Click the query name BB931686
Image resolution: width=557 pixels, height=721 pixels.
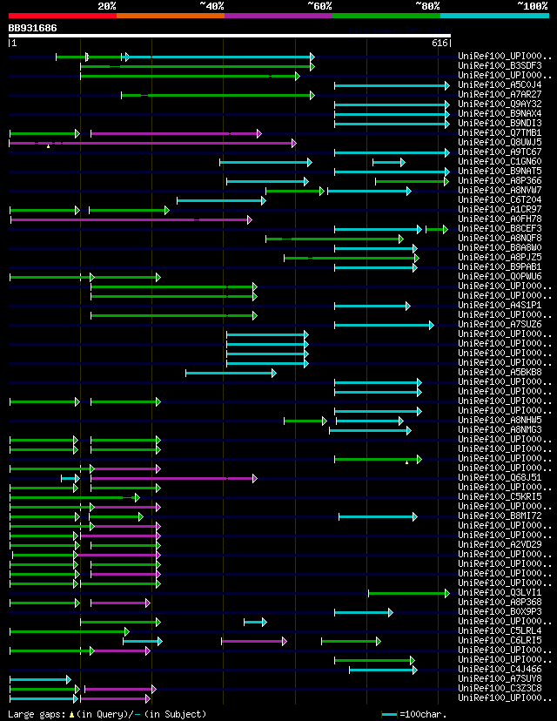[32, 28]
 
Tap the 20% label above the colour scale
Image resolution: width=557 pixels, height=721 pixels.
[107, 6]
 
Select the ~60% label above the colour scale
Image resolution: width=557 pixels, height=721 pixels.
[319, 6]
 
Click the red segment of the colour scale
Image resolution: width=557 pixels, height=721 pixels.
[62, 15]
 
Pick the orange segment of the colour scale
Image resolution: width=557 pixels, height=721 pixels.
[170, 15]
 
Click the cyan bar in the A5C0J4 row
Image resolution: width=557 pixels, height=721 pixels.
[391, 85]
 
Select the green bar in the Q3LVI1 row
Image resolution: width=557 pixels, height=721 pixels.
[407, 593]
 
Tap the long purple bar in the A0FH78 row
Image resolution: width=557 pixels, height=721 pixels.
[131, 219]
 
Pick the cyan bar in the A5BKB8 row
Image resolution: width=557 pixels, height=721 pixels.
[230, 373]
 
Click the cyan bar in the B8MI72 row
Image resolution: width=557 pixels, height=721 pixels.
[377, 516]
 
